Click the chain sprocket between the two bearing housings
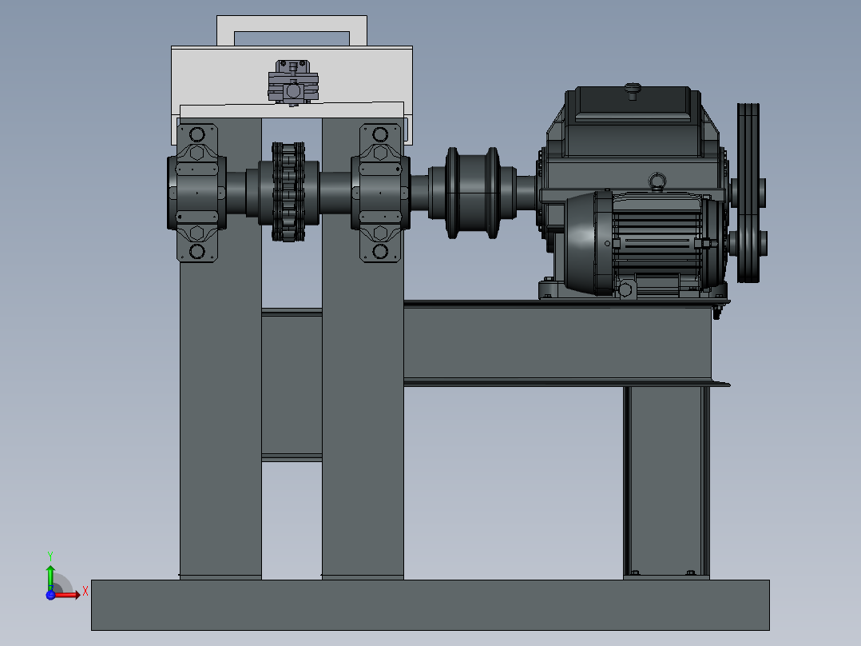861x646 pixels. [288, 192]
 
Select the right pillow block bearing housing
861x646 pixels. [380, 192]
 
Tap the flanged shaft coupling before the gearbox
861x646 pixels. [474, 192]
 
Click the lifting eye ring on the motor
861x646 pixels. [658, 182]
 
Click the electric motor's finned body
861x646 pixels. [655, 240]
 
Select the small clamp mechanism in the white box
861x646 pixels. [293, 83]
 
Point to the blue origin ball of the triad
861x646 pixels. [50, 594]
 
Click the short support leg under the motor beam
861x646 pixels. [665, 480]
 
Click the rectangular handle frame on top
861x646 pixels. [292, 30]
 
